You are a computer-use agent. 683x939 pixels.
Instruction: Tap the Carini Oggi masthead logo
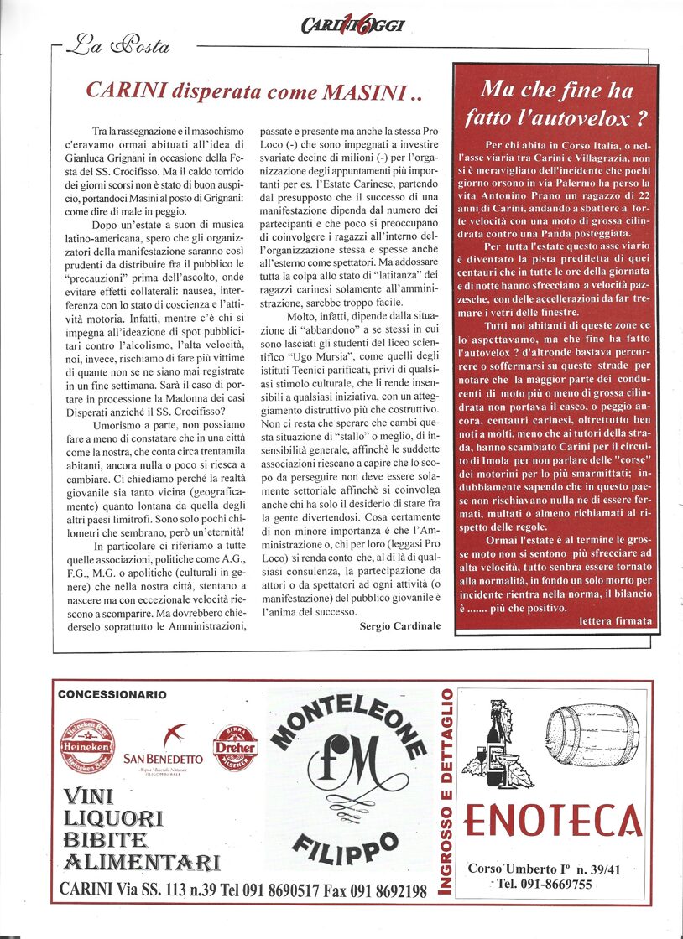(x=352, y=26)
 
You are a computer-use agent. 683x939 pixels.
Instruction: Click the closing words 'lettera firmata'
(x=615, y=620)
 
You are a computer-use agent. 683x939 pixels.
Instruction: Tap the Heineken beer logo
(x=87, y=745)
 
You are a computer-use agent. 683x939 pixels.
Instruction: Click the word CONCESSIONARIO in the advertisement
(x=112, y=695)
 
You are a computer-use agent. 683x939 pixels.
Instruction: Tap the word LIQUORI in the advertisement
(x=113, y=818)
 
